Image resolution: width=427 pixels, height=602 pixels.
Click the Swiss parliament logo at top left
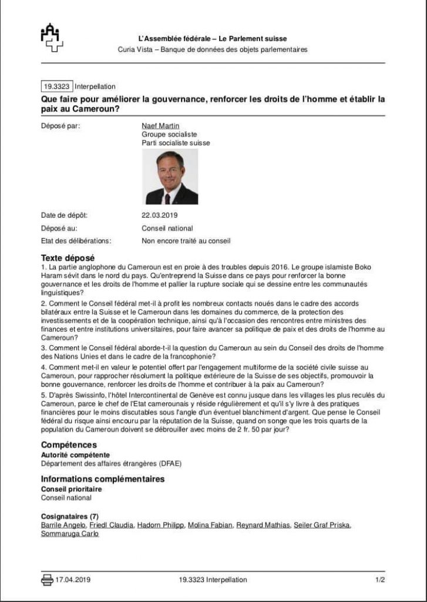tap(52, 38)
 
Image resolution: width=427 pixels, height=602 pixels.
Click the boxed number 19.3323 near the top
tap(58, 86)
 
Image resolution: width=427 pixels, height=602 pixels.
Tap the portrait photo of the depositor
tap(171, 176)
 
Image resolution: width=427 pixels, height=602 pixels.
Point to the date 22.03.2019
tap(159, 215)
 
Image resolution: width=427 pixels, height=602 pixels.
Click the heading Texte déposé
tap(68, 258)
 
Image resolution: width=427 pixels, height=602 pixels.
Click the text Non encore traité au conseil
tap(186, 240)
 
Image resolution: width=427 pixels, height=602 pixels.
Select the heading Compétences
tap(69, 445)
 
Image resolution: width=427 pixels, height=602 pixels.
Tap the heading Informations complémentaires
tap(103, 479)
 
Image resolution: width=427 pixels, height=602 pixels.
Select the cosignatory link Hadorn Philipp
tap(160, 525)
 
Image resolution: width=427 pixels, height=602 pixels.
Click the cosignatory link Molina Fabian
tap(210, 525)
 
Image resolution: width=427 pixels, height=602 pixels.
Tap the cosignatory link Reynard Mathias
tap(263, 525)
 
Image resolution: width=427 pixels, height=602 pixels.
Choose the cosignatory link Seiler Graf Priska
tap(322, 525)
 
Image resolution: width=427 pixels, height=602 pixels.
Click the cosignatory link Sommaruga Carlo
tap(70, 534)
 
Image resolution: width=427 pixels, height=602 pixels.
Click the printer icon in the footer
tap(47, 580)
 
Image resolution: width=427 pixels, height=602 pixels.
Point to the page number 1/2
tap(379, 580)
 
